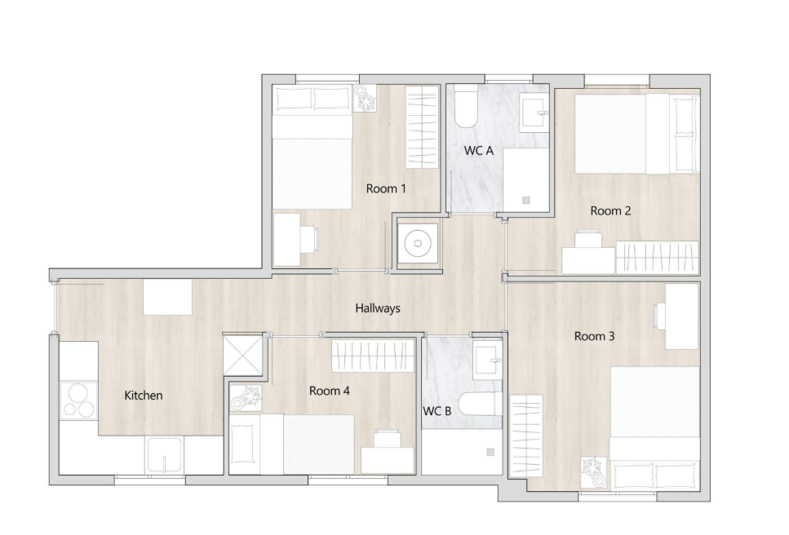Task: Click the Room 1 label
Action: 386,189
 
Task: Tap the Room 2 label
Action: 610,211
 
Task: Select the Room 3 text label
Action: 594,336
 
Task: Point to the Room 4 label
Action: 329,391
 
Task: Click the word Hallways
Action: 378,308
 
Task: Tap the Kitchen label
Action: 144,396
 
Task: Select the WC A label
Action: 478,151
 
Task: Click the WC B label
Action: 437,411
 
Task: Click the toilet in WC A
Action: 465,106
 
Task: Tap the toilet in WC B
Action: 481,403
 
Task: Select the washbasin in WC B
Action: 488,359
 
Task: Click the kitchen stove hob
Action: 79,400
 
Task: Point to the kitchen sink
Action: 164,455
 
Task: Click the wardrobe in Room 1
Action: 422,126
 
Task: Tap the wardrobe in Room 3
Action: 526,436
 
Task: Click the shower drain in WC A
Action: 526,200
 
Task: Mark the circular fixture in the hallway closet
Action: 418,244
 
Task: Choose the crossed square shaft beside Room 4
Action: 243,355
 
